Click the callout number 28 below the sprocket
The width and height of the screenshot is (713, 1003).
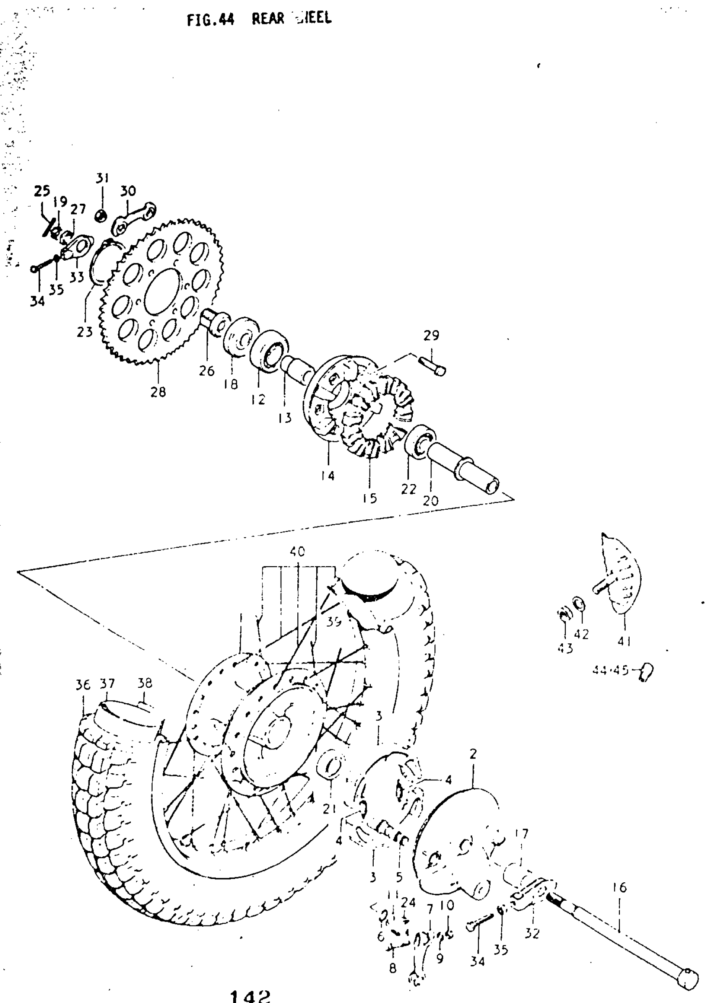click(158, 392)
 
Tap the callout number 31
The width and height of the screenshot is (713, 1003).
click(102, 179)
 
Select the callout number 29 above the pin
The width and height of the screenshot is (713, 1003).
click(431, 336)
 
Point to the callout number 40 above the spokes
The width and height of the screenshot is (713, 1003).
click(297, 552)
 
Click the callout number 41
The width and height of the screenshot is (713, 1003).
click(624, 641)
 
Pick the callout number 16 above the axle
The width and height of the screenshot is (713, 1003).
click(619, 888)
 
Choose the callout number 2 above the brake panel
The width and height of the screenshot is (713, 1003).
click(473, 754)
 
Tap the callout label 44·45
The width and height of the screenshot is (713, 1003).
click(610, 671)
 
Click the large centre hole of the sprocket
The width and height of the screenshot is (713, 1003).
click(162, 291)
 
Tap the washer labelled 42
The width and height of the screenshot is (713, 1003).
click(579, 604)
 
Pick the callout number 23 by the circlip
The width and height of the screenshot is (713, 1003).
click(85, 332)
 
